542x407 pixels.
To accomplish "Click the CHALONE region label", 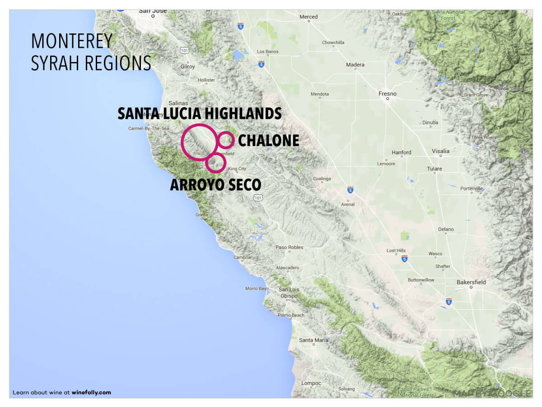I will coord(268,141).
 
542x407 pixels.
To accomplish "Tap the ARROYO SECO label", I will coord(215,185).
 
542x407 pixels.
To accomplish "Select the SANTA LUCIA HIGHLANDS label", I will coord(200,114).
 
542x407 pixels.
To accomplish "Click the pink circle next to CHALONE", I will coord(224,140).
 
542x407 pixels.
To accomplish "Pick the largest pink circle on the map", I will coord(199,142).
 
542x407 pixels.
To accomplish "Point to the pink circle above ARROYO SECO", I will coord(215,163).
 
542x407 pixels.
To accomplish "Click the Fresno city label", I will coord(387,94).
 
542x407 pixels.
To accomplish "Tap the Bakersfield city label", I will coord(471,282).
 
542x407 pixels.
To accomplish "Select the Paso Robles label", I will coord(290,247).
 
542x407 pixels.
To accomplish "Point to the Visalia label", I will coord(440,151).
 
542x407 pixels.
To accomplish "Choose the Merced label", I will coord(308,17).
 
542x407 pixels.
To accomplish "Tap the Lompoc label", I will coord(311,383).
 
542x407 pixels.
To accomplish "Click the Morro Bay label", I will coord(256,289).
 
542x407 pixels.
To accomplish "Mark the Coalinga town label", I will coord(322,179).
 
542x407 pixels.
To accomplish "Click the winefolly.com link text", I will coord(91,393).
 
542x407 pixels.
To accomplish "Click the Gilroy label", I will coord(187,66).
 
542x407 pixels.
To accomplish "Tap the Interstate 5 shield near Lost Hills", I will coord(404,259).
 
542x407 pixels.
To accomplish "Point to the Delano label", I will coord(446,229).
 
